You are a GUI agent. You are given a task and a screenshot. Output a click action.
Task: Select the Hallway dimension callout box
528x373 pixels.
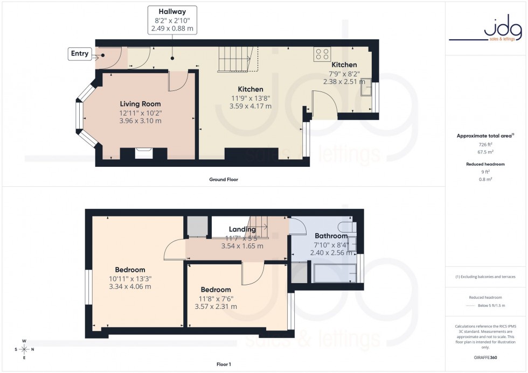coord(172,20)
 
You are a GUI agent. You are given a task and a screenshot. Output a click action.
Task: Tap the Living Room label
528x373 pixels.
coord(140,104)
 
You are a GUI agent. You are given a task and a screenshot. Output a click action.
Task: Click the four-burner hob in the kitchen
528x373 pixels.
coord(323,54)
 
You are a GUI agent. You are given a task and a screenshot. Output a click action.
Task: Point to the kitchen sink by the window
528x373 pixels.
coord(367,89)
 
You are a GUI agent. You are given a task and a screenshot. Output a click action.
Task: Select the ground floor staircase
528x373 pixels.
coord(237,59)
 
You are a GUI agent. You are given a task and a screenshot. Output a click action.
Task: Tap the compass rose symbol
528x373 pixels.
coord(24,349)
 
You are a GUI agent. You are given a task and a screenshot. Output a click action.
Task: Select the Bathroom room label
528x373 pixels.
coord(331,236)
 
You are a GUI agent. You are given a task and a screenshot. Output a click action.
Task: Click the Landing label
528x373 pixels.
coord(242,230)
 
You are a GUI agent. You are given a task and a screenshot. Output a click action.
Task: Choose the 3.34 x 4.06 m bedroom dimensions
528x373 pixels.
coord(130,286)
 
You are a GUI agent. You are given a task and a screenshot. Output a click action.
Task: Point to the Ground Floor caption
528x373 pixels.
coord(223,179)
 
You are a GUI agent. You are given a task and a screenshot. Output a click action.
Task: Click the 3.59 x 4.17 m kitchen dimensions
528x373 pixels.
coord(250,106)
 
